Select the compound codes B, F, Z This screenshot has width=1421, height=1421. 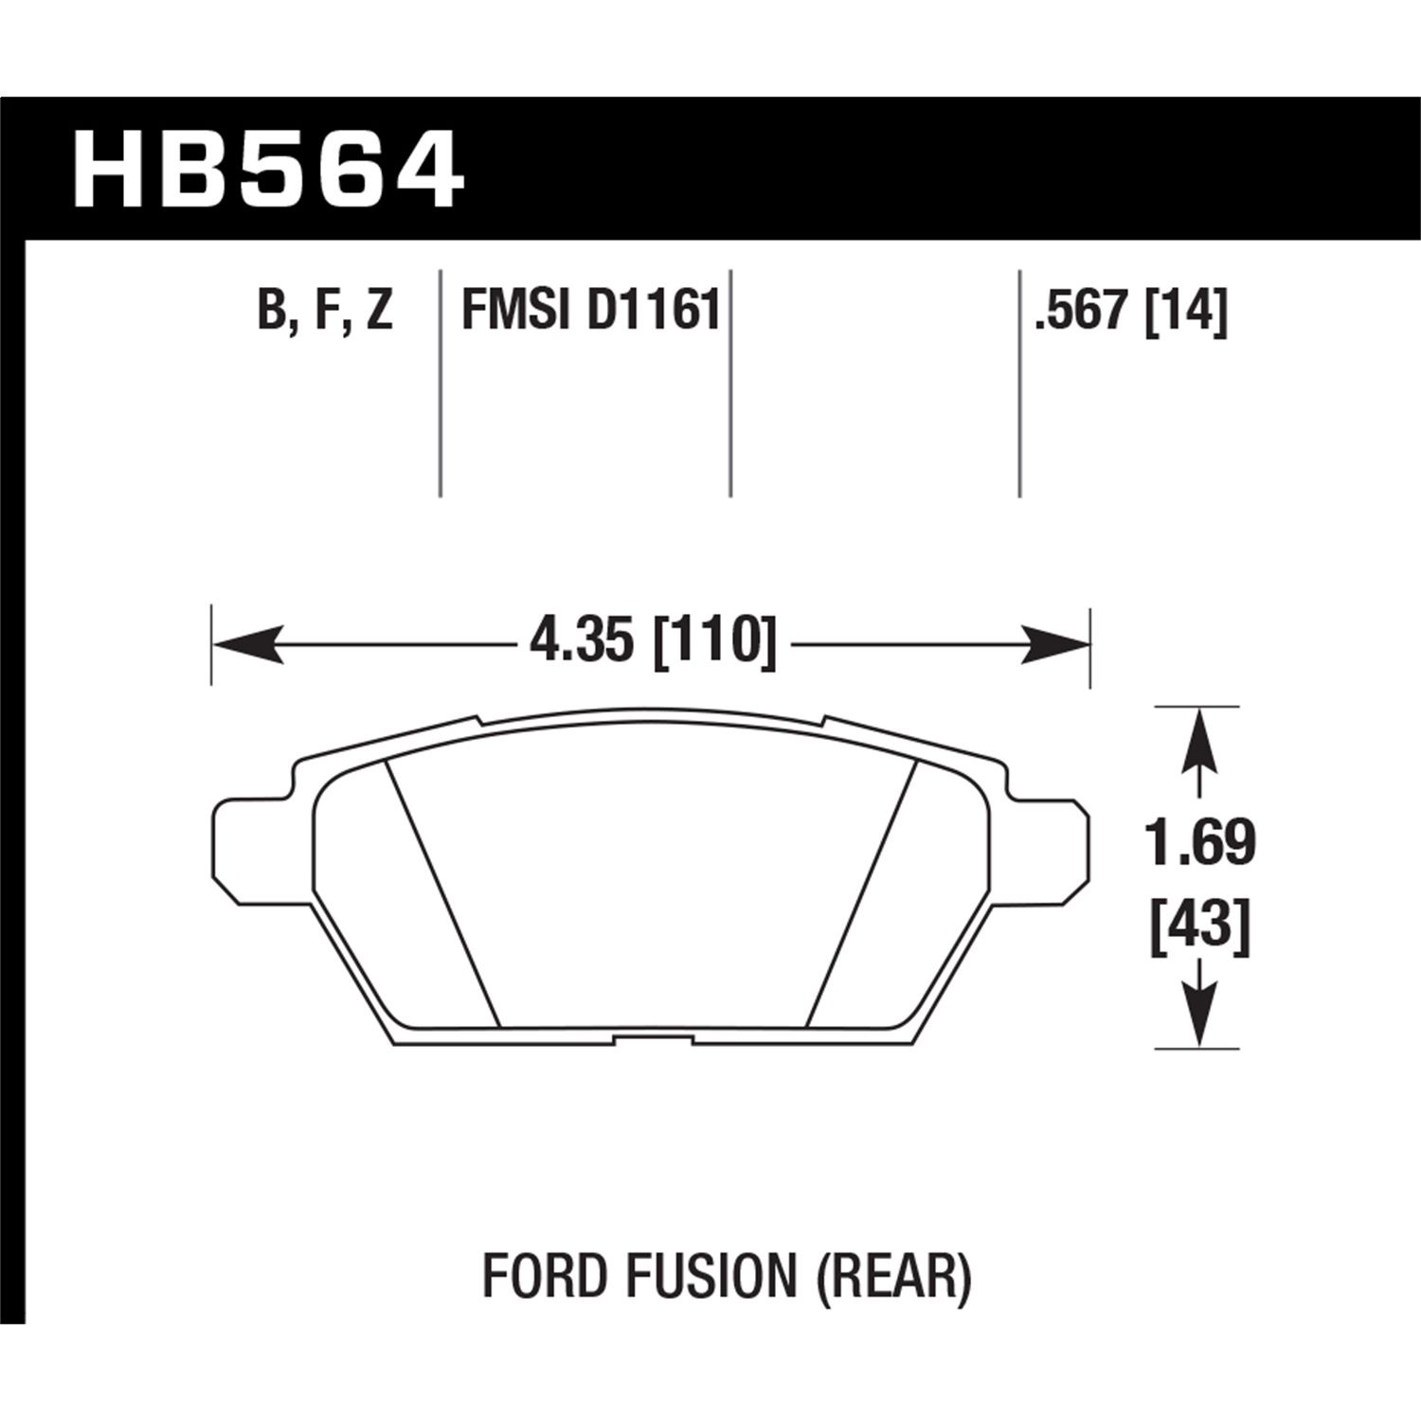[x=325, y=312]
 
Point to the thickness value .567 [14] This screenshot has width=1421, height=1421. [x=1131, y=312]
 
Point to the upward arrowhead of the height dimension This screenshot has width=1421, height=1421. [x=1200, y=739]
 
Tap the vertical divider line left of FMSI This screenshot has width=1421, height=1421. [x=441, y=384]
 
